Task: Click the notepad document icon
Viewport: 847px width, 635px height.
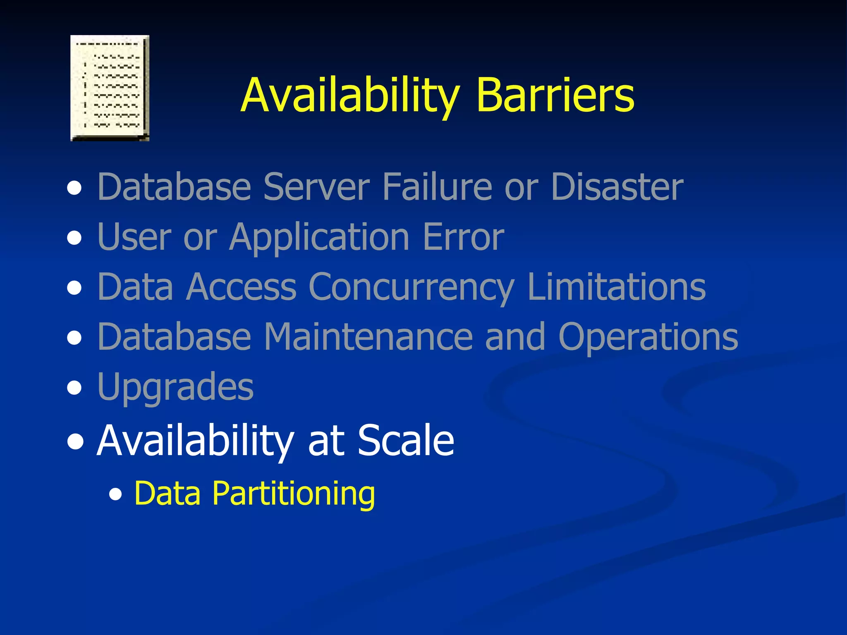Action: click(x=110, y=88)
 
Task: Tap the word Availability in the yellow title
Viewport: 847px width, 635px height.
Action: click(x=350, y=96)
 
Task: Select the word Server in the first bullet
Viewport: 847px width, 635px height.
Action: click(x=316, y=187)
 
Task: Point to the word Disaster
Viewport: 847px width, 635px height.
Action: click(x=617, y=187)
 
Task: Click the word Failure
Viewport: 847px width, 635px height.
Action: click(x=437, y=187)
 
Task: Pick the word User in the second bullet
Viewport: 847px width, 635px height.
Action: click(x=134, y=237)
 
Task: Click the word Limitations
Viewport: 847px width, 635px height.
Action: click(x=617, y=287)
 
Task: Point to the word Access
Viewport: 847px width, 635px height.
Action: click(x=242, y=287)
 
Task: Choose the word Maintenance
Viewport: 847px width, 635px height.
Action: click(x=368, y=337)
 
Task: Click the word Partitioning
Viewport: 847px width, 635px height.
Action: click(x=294, y=494)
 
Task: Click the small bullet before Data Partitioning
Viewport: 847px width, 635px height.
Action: click(x=116, y=494)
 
